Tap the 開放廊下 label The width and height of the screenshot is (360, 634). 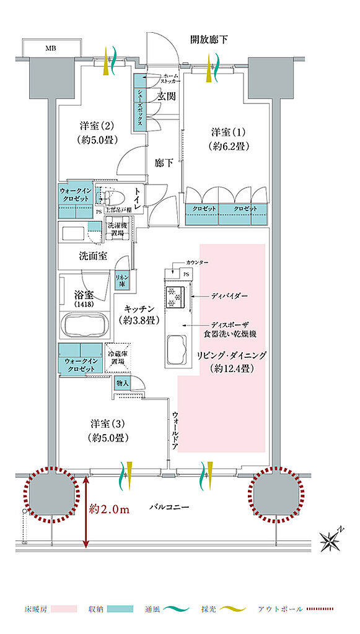point(209,40)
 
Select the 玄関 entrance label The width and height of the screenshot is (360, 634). point(166,97)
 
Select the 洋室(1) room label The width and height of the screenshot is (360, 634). point(229,139)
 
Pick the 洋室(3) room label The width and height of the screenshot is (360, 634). point(108,431)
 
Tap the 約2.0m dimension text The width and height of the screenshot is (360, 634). point(108,510)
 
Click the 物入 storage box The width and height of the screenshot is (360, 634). point(122,383)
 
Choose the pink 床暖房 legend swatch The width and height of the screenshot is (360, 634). point(59,609)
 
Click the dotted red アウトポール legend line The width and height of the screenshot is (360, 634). point(322,609)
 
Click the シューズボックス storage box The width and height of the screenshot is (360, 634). point(141,102)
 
